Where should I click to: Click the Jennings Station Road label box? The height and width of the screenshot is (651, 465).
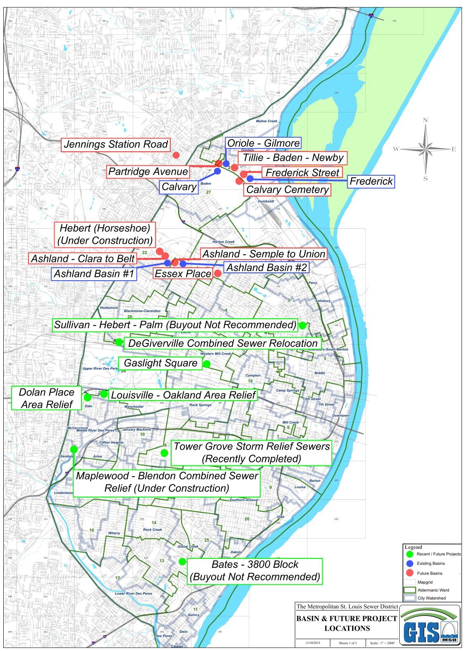click(116, 144)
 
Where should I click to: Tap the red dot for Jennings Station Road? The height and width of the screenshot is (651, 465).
click(176, 155)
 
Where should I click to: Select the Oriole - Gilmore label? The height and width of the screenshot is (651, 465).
click(263, 143)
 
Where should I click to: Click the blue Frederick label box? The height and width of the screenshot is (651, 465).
click(371, 181)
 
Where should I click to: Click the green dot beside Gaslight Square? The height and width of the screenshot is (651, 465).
click(206, 364)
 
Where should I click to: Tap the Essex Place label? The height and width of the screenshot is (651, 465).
click(183, 273)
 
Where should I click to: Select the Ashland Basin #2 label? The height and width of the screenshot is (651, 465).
click(266, 267)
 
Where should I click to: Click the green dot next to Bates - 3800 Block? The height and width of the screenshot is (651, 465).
click(182, 561)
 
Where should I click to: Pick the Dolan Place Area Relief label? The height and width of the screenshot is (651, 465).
click(47, 398)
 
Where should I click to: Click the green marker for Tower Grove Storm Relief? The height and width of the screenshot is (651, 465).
click(164, 453)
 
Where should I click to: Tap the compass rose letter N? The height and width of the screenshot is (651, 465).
click(425, 120)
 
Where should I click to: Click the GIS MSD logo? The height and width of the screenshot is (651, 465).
click(430, 625)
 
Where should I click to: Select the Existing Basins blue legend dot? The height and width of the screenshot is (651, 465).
click(410, 563)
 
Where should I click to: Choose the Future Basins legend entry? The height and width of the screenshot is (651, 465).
click(429, 573)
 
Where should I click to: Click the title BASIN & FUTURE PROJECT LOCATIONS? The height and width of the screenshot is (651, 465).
click(347, 623)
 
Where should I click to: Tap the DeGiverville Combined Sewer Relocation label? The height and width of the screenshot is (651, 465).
click(223, 343)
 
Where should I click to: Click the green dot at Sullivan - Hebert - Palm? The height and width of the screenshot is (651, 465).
click(303, 325)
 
